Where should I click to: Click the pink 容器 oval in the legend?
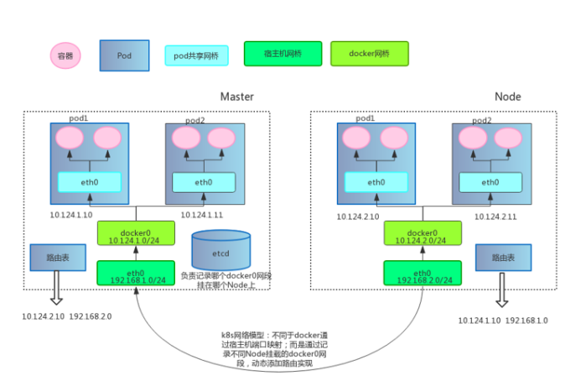pos(63,55)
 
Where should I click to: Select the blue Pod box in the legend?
pos(123,55)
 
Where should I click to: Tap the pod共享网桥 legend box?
pos(196,56)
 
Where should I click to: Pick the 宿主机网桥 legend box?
pos(283,55)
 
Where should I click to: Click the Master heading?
pos(236,96)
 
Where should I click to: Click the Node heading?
pos(507,96)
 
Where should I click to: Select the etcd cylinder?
pos(220,249)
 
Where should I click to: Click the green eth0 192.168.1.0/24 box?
pos(134,274)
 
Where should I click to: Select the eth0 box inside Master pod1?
pos(90,182)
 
